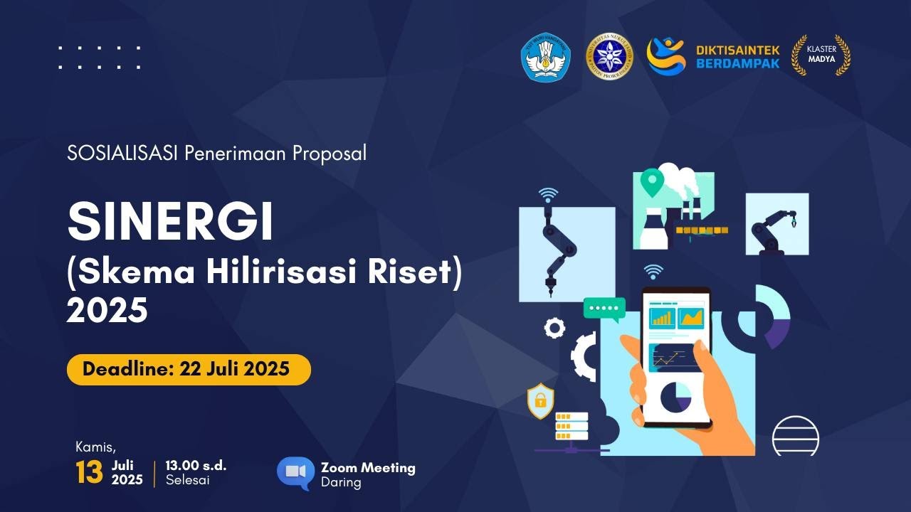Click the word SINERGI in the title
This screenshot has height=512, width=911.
pos(170,222)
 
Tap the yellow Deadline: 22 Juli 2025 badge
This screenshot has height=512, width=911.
pos(189,369)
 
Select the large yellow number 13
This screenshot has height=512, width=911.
pos(90,474)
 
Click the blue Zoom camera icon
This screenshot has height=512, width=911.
pos(295,471)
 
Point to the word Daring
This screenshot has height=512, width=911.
pos(341,483)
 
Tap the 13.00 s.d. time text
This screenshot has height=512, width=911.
pos(196,466)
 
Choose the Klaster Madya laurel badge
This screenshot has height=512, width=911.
pos(821,55)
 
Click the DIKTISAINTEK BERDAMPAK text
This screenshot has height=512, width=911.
pos(737,56)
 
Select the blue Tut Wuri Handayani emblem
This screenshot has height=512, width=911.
pos(546,56)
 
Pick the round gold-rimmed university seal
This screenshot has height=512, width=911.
pos(609,56)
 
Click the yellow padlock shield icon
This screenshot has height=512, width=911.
pos(540,400)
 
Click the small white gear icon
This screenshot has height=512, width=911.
pos(554,328)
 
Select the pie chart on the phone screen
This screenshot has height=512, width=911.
pos(675,397)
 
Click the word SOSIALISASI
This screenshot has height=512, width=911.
pos(122,153)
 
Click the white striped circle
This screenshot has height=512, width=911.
pos(796,435)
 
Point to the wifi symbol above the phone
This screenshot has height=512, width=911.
pos(653,272)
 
